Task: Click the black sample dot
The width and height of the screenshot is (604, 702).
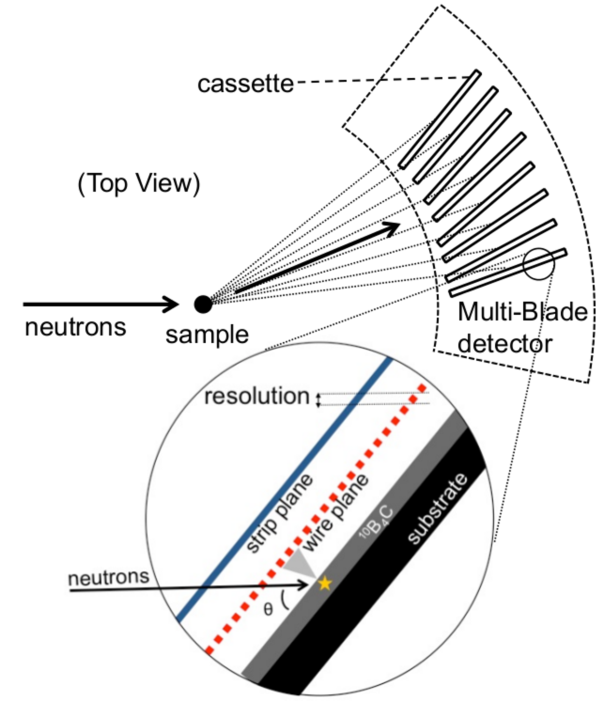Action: pos(202,304)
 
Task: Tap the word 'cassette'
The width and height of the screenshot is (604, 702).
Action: pos(245,85)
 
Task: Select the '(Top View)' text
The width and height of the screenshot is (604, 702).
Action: pos(138,185)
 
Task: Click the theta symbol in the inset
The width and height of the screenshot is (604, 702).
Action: pos(269,608)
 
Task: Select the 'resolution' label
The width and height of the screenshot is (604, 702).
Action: pos(256,397)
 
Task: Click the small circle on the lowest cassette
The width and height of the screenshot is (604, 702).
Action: pos(538,265)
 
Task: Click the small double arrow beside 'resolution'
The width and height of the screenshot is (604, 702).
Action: pos(317,398)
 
